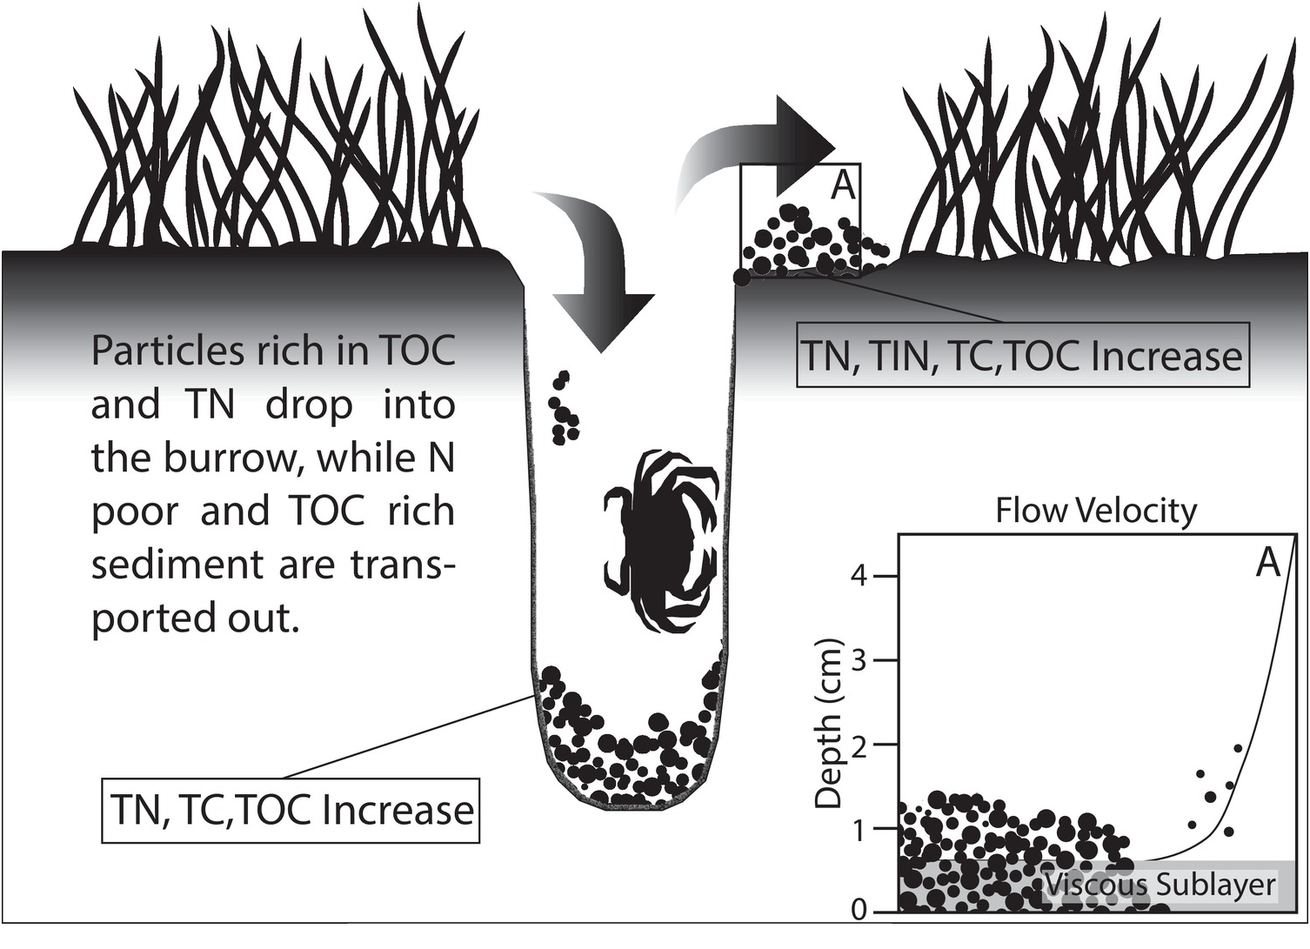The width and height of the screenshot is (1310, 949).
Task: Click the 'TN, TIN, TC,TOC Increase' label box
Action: [x=1022, y=357]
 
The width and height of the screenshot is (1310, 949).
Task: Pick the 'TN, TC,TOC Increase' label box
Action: [x=291, y=811]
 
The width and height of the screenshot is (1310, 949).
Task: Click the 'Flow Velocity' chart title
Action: [x=1095, y=511]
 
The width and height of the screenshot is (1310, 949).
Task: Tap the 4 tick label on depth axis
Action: [x=859, y=576]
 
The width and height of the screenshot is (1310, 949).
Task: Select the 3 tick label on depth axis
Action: [x=859, y=660]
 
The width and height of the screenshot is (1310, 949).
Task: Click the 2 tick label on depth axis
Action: [x=859, y=745]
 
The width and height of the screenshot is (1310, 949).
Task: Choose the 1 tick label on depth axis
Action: [x=859, y=829]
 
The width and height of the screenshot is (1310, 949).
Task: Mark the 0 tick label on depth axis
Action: [x=859, y=910]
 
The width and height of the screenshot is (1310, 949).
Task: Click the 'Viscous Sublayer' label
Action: [x=1160, y=885]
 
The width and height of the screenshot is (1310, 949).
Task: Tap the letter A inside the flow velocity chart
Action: [x=1268, y=564]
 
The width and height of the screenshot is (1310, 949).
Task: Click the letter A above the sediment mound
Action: [x=842, y=184]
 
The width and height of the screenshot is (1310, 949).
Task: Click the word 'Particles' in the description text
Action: [x=166, y=351]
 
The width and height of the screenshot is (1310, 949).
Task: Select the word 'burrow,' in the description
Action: [x=231, y=458]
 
